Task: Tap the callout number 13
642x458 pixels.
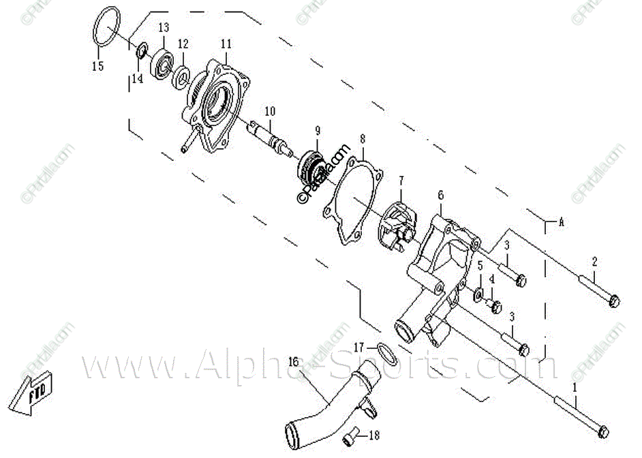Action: click(164, 28)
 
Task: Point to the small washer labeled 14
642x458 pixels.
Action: click(142, 50)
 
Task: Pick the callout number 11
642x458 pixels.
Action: click(226, 44)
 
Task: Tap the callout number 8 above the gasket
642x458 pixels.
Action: click(363, 139)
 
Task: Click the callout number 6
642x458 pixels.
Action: click(441, 195)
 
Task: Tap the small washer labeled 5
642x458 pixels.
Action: click(479, 294)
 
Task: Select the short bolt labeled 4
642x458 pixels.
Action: click(495, 306)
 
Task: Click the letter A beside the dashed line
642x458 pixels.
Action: click(562, 221)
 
